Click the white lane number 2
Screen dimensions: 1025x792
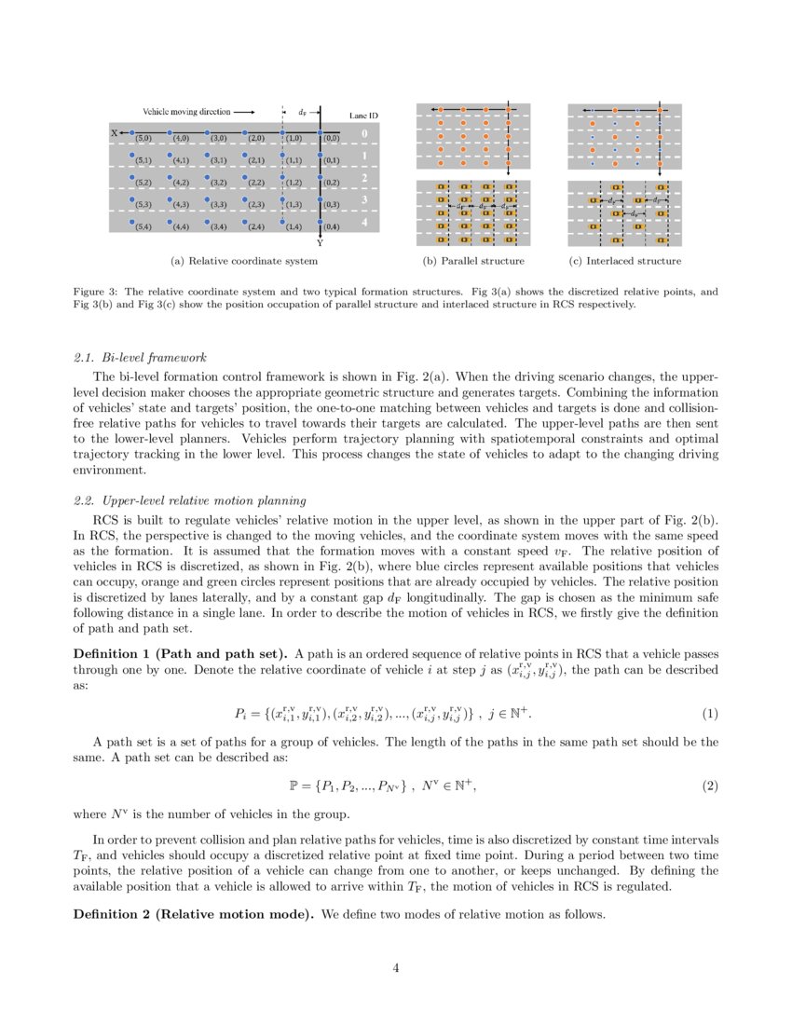pyautogui.click(x=364, y=177)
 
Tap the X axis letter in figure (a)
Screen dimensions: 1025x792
pyautogui.click(x=115, y=133)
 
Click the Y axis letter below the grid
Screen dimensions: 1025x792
pyautogui.click(x=320, y=242)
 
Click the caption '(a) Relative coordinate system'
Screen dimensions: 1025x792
pyautogui.click(x=244, y=261)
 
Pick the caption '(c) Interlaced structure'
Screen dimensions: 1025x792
pyautogui.click(x=624, y=261)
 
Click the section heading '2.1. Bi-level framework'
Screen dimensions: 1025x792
pyautogui.click(x=140, y=358)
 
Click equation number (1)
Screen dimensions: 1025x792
pyautogui.click(x=710, y=714)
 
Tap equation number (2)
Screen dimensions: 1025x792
pyautogui.click(x=710, y=786)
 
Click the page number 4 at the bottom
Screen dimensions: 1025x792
pyautogui.click(x=396, y=968)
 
